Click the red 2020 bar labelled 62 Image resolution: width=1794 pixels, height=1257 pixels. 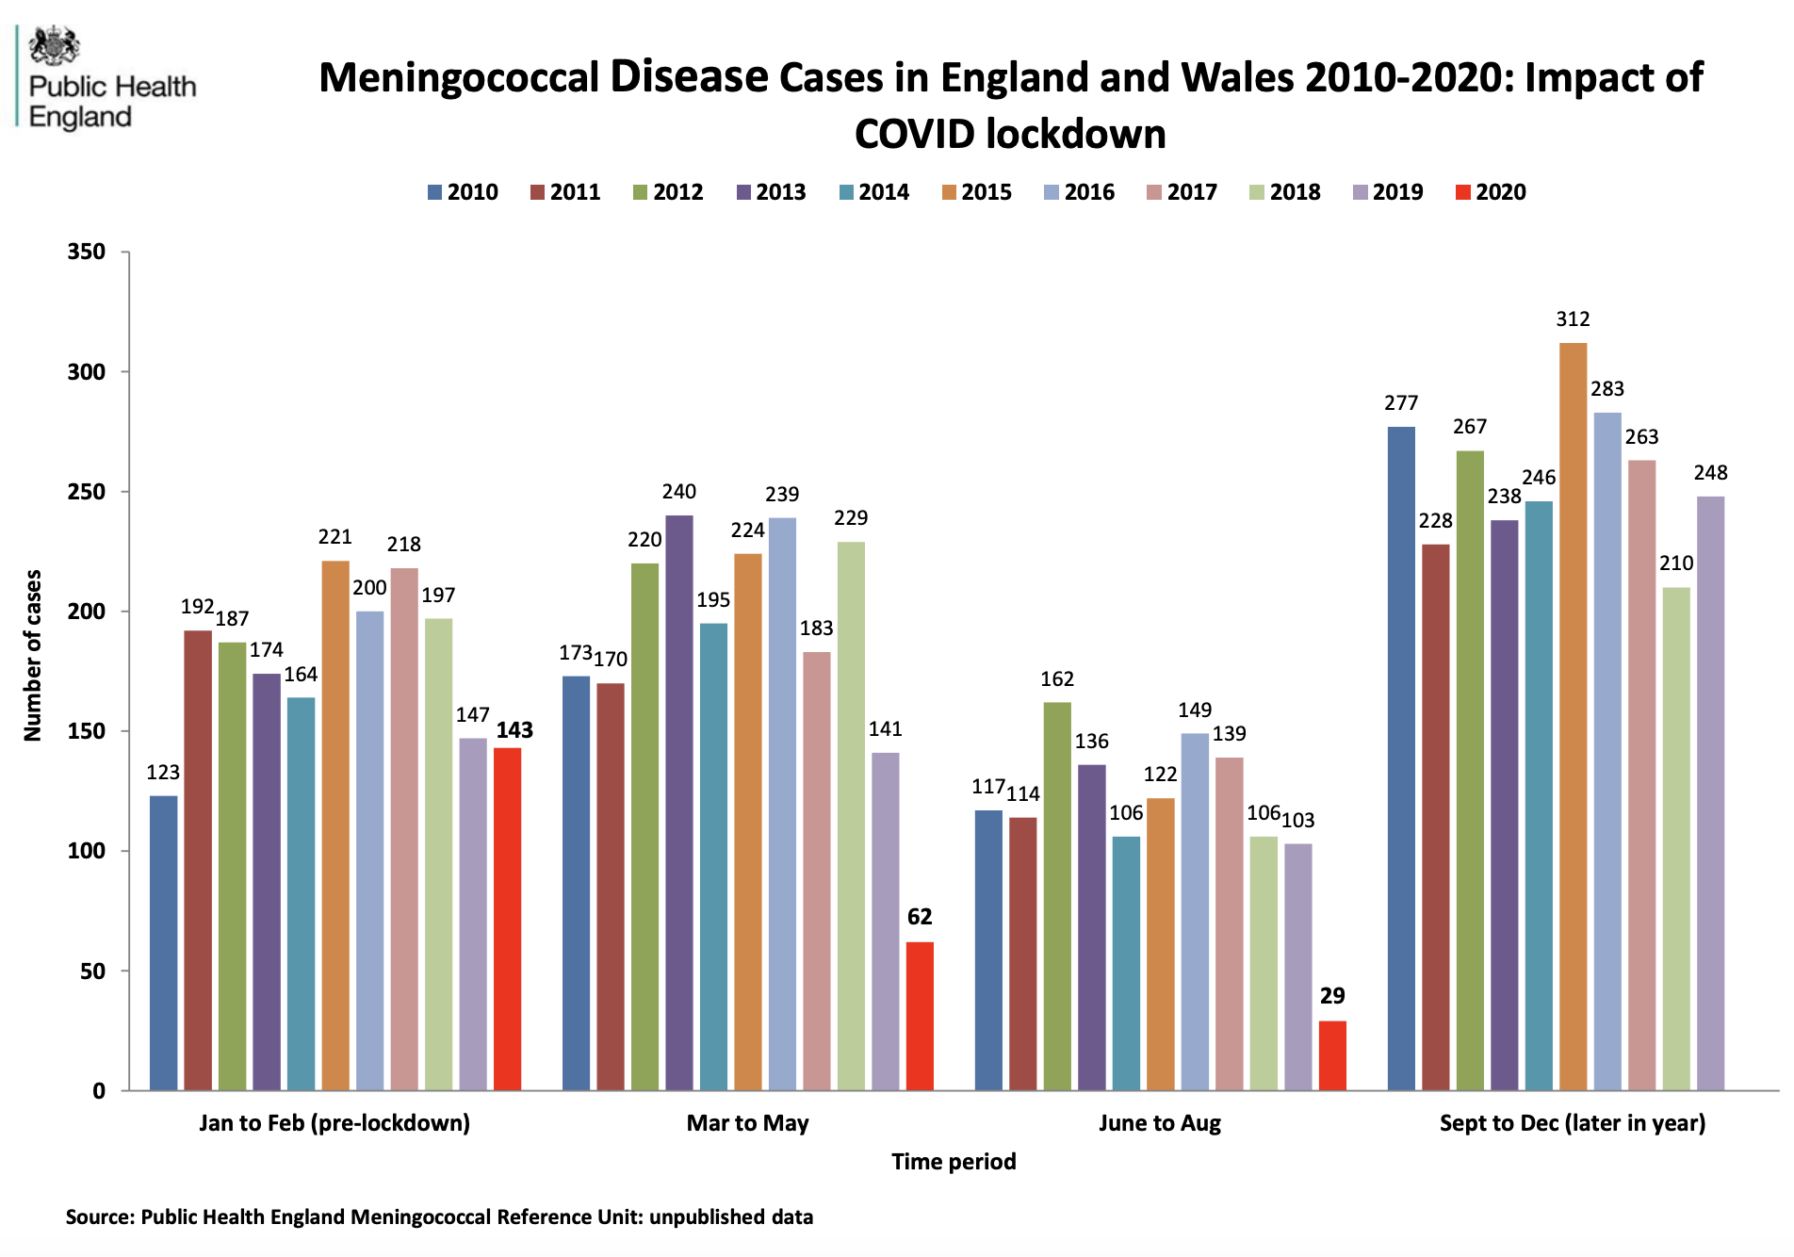click(920, 1016)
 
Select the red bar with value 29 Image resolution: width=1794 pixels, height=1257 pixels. click(1332, 1055)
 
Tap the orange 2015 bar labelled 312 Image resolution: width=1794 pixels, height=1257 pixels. click(1573, 716)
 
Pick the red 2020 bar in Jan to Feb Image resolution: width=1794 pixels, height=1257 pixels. click(507, 919)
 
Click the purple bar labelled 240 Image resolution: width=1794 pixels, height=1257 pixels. click(678, 803)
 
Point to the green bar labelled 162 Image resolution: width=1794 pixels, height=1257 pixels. click(1057, 896)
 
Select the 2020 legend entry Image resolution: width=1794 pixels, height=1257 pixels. click(1491, 192)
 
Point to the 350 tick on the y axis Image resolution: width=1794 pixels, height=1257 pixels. click(87, 252)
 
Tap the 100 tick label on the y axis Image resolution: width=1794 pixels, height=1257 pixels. click(87, 851)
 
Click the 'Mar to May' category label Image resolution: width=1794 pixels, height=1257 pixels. click(747, 1123)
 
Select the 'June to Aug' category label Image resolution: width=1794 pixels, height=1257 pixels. click(1159, 1123)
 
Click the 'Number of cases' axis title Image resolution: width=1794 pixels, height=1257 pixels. click(33, 655)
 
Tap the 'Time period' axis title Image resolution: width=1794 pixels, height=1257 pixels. click(954, 1162)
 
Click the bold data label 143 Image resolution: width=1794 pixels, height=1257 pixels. click(514, 730)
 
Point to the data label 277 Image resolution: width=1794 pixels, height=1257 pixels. click(1401, 403)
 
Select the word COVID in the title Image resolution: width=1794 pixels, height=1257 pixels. click(915, 134)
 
